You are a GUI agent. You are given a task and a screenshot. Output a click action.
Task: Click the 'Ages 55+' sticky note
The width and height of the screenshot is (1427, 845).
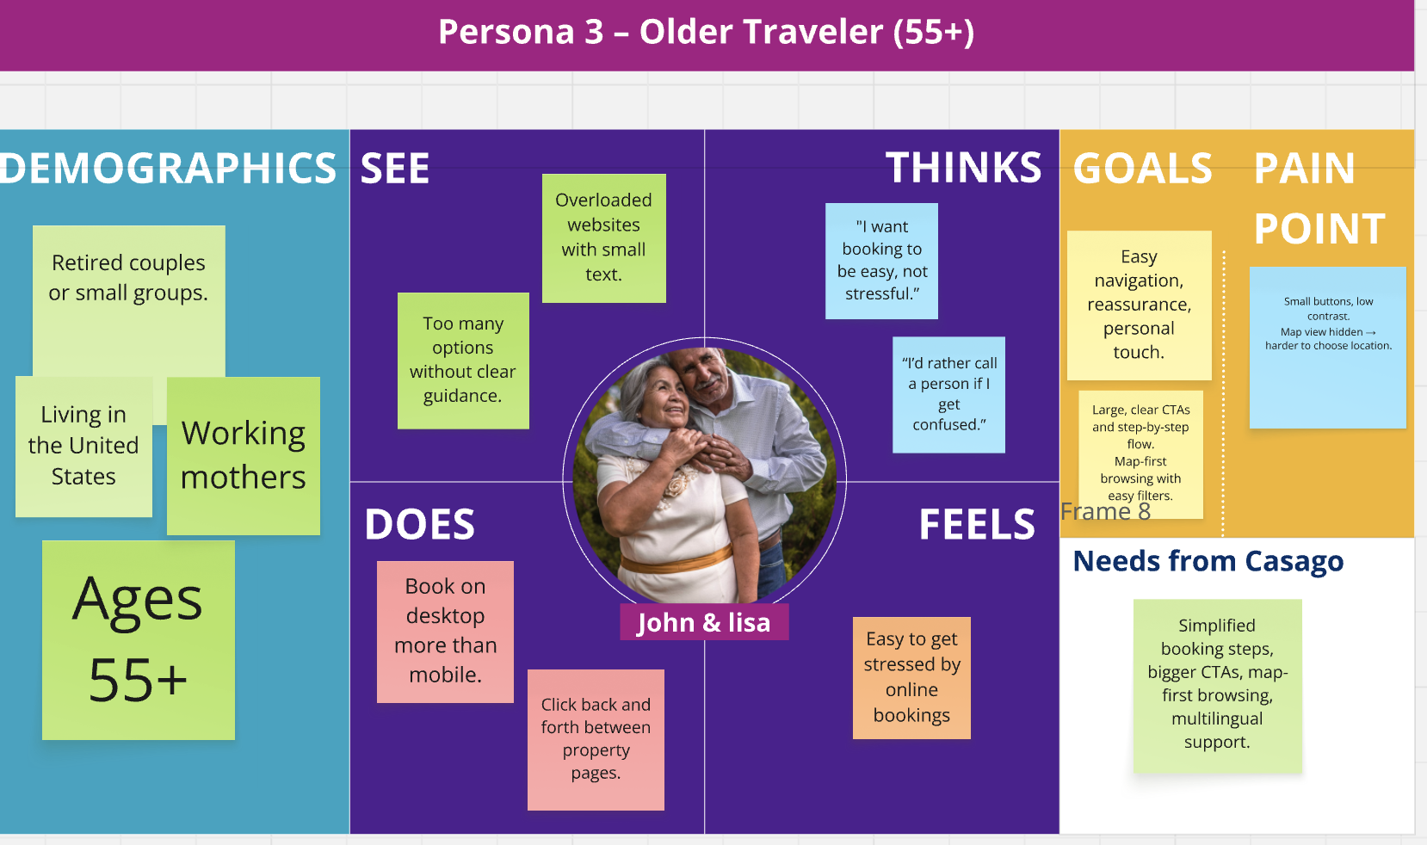138,639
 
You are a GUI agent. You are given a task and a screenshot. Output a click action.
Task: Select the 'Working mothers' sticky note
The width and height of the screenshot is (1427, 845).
244,455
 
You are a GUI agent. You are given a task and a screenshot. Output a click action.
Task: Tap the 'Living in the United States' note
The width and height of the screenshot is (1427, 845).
83,446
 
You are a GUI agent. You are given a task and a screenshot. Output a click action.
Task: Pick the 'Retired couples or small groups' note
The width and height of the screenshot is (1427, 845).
128,278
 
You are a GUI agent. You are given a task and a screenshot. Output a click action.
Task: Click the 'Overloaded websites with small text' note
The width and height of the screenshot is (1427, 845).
603,237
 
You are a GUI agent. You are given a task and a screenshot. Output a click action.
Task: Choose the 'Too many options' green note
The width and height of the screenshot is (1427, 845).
463,360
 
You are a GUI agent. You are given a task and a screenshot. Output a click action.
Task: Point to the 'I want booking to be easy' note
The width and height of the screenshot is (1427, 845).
881,261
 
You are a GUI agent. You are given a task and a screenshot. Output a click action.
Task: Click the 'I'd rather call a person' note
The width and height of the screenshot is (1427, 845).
948,394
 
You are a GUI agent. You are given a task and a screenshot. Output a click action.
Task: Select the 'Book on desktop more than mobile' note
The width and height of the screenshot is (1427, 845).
445,631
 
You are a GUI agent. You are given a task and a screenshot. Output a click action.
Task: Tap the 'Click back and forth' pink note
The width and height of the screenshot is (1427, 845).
596,739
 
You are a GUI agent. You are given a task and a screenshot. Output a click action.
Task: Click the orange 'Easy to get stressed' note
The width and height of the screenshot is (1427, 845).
911,677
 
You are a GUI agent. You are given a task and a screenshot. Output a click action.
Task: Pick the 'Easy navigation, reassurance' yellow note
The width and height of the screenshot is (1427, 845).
1139,305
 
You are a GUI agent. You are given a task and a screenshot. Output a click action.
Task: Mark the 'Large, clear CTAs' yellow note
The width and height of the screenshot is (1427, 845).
1140,453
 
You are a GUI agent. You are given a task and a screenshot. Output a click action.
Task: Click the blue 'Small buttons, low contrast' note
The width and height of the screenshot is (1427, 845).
1327,347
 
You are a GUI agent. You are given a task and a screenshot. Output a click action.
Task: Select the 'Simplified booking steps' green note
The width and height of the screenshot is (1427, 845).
1217,685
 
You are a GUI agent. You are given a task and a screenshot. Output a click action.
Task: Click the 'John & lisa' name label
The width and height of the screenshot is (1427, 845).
703,622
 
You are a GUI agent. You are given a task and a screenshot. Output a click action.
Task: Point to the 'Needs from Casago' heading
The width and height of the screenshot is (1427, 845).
1208,561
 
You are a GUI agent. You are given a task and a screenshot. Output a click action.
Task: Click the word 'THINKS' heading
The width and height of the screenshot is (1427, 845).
963,168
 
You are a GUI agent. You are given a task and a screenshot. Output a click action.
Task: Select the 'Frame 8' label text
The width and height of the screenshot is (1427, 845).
1105,512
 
